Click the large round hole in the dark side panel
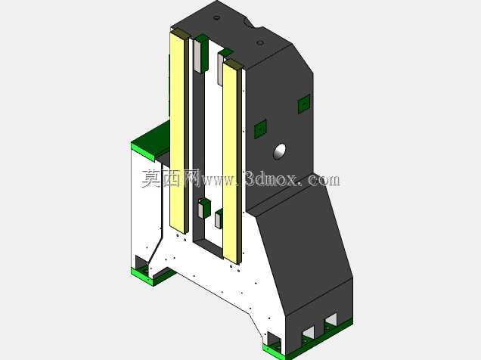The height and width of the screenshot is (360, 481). point(280,151)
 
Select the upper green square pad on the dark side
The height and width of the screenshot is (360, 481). point(304,104)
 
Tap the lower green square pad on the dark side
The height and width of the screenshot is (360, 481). point(260,129)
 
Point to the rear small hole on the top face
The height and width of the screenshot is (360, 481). point(216,17)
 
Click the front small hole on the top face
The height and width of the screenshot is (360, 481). point(260,42)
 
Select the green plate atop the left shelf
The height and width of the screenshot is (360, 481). point(151,141)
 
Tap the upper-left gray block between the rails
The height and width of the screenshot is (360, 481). point(197,56)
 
